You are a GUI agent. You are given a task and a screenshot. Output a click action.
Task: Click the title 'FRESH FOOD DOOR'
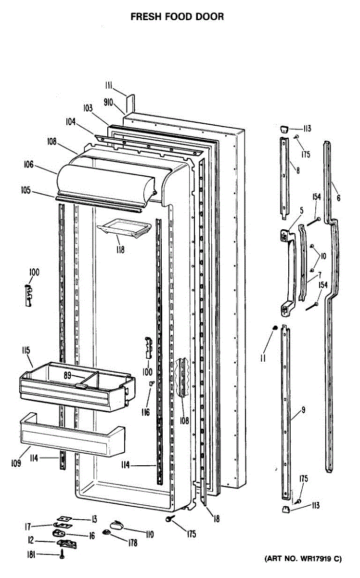[178, 17]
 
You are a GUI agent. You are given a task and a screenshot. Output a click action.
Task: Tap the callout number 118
[119, 250]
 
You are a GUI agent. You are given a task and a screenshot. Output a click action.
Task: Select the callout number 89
[68, 375]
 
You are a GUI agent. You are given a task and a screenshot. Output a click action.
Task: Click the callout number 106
[28, 165]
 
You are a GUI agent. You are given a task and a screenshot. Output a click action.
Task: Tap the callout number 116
[146, 412]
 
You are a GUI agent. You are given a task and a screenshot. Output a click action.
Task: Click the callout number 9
[304, 410]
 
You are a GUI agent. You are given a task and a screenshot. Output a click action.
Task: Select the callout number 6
[338, 197]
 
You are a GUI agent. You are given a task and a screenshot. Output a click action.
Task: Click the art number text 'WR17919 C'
[317, 559]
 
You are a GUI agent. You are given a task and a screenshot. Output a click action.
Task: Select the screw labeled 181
[62, 556]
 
